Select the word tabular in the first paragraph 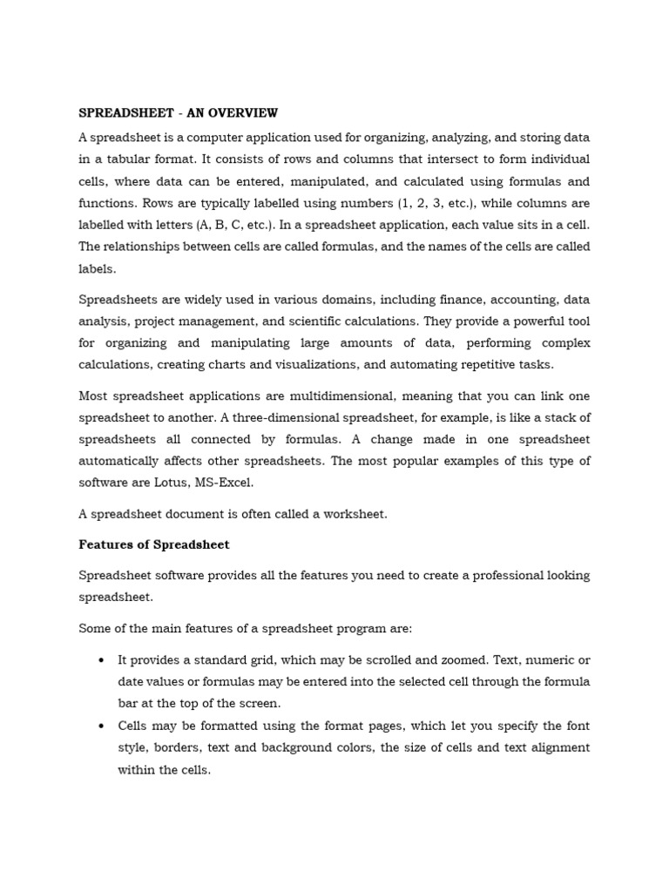(x=132, y=159)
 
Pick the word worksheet (x=354, y=514)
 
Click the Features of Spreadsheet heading (x=154, y=544)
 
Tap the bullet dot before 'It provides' (x=103, y=660)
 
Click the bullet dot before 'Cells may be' (x=103, y=726)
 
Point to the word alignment (x=557, y=747)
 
